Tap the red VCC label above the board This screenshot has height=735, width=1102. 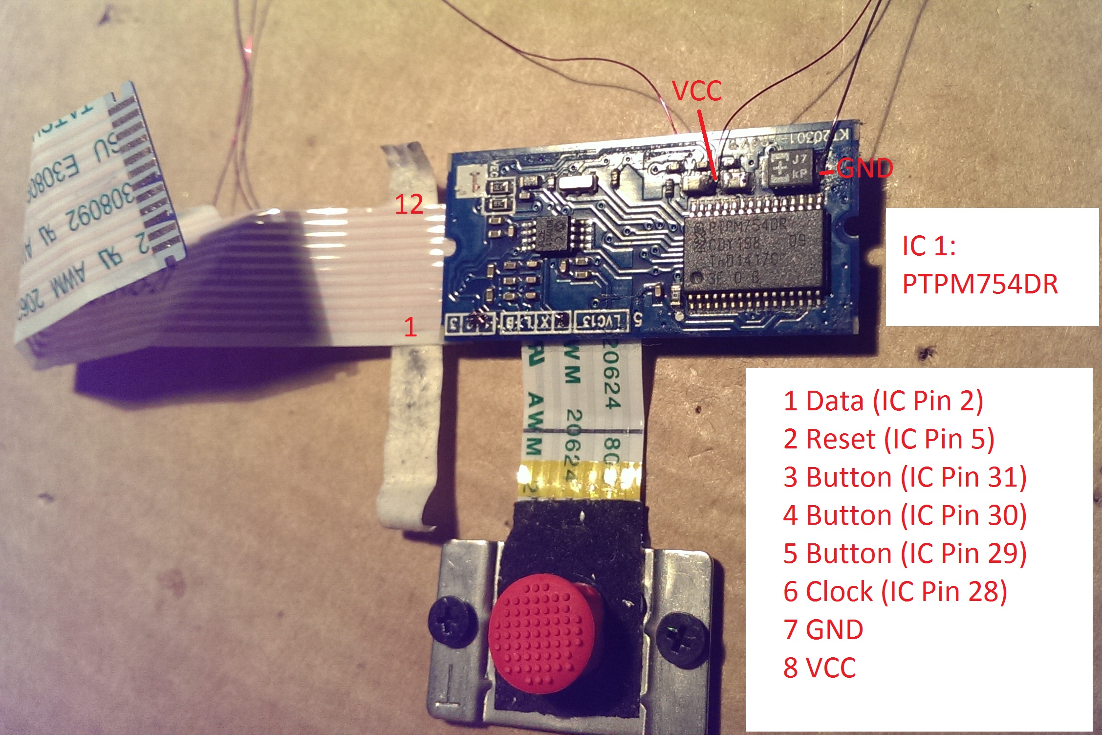coord(697,91)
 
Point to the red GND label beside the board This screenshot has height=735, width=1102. coord(864,169)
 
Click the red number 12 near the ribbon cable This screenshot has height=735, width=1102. coord(409,204)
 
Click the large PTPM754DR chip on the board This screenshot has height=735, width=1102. coord(755,249)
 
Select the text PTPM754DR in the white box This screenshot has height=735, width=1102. coord(979,284)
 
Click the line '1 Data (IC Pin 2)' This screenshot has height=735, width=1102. coord(883,401)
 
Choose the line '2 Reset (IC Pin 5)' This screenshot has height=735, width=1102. coord(888,439)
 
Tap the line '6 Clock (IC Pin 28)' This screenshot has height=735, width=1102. coord(895,592)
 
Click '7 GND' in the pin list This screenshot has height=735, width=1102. coord(823,630)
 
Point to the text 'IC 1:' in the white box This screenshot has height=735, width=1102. coord(929,246)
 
